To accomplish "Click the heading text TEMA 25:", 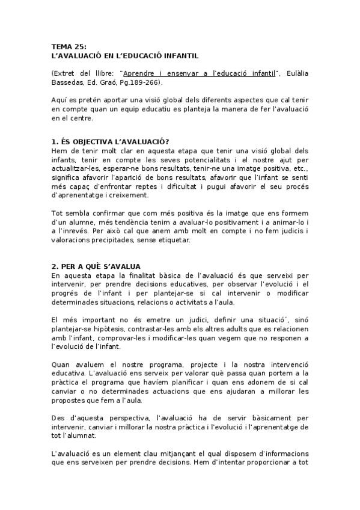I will [69, 46].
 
